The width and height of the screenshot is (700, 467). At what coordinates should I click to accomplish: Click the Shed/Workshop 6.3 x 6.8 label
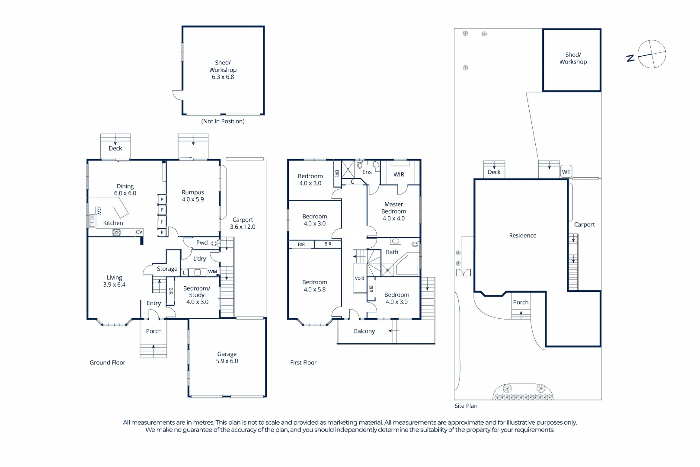pos(223,70)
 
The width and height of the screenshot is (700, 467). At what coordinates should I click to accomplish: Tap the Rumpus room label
pos(193,195)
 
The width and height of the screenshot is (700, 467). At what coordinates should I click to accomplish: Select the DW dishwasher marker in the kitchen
pos(99,211)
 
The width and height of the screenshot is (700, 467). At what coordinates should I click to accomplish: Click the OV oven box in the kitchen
pos(139,232)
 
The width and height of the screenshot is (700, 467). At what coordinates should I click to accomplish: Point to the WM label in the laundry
pos(212,272)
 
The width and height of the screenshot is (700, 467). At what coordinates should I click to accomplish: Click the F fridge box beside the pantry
pos(162,222)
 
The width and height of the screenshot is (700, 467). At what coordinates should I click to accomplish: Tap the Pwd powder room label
pos(202,243)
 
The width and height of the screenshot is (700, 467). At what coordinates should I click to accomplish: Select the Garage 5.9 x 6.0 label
pos(227,357)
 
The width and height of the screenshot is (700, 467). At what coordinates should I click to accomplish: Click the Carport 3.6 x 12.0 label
pos(243,223)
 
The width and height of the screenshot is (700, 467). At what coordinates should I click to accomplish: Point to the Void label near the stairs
pos(359,278)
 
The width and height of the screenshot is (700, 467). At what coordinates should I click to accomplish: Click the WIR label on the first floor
pos(399,174)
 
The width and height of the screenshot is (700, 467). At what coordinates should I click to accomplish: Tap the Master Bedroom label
pos(393,211)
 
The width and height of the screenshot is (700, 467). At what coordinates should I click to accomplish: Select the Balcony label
pos(364,331)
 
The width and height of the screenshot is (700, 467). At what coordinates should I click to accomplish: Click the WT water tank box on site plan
pos(566,172)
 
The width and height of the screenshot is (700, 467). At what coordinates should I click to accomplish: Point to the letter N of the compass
pos(630,58)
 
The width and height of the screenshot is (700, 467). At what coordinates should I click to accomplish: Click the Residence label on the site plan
pos(522,236)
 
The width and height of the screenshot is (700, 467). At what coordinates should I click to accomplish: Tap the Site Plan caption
pos(466,406)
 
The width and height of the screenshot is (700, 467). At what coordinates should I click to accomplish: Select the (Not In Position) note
pos(223,121)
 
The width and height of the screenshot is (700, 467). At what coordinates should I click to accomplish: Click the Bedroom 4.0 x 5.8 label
pos(315,285)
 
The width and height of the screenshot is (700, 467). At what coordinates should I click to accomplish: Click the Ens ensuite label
pos(367,172)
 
